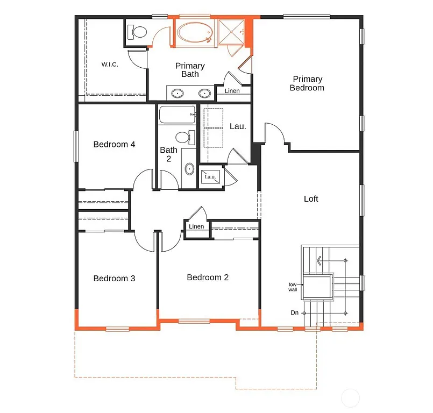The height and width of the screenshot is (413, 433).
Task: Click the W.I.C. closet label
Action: coord(110,65)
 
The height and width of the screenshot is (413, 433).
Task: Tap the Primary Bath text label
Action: coord(190,70)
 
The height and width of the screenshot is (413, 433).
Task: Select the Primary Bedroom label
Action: coord(307,83)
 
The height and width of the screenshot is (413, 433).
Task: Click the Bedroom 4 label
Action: coord(114,144)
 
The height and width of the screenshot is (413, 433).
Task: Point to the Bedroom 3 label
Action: coord(114,279)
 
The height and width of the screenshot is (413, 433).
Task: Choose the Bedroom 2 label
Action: coord(208,277)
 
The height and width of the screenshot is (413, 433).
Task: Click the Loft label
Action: coord(311,199)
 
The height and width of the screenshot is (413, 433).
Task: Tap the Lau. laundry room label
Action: coord(238,126)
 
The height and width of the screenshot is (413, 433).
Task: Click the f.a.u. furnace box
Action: coord(210,177)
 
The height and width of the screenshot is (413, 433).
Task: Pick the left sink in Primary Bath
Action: coord(177,94)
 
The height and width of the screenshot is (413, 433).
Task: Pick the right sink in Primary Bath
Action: coord(204,94)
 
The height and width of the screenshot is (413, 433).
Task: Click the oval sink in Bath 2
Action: coord(189,169)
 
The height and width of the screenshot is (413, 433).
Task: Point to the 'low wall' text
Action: coord(293,287)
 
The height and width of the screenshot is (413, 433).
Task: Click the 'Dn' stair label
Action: coord(294,312)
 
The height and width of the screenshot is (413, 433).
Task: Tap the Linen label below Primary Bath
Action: coord(232,91)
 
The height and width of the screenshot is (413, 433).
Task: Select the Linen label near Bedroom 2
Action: coord(196,226)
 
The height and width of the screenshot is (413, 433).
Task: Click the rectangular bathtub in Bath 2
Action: coord(176,115)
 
